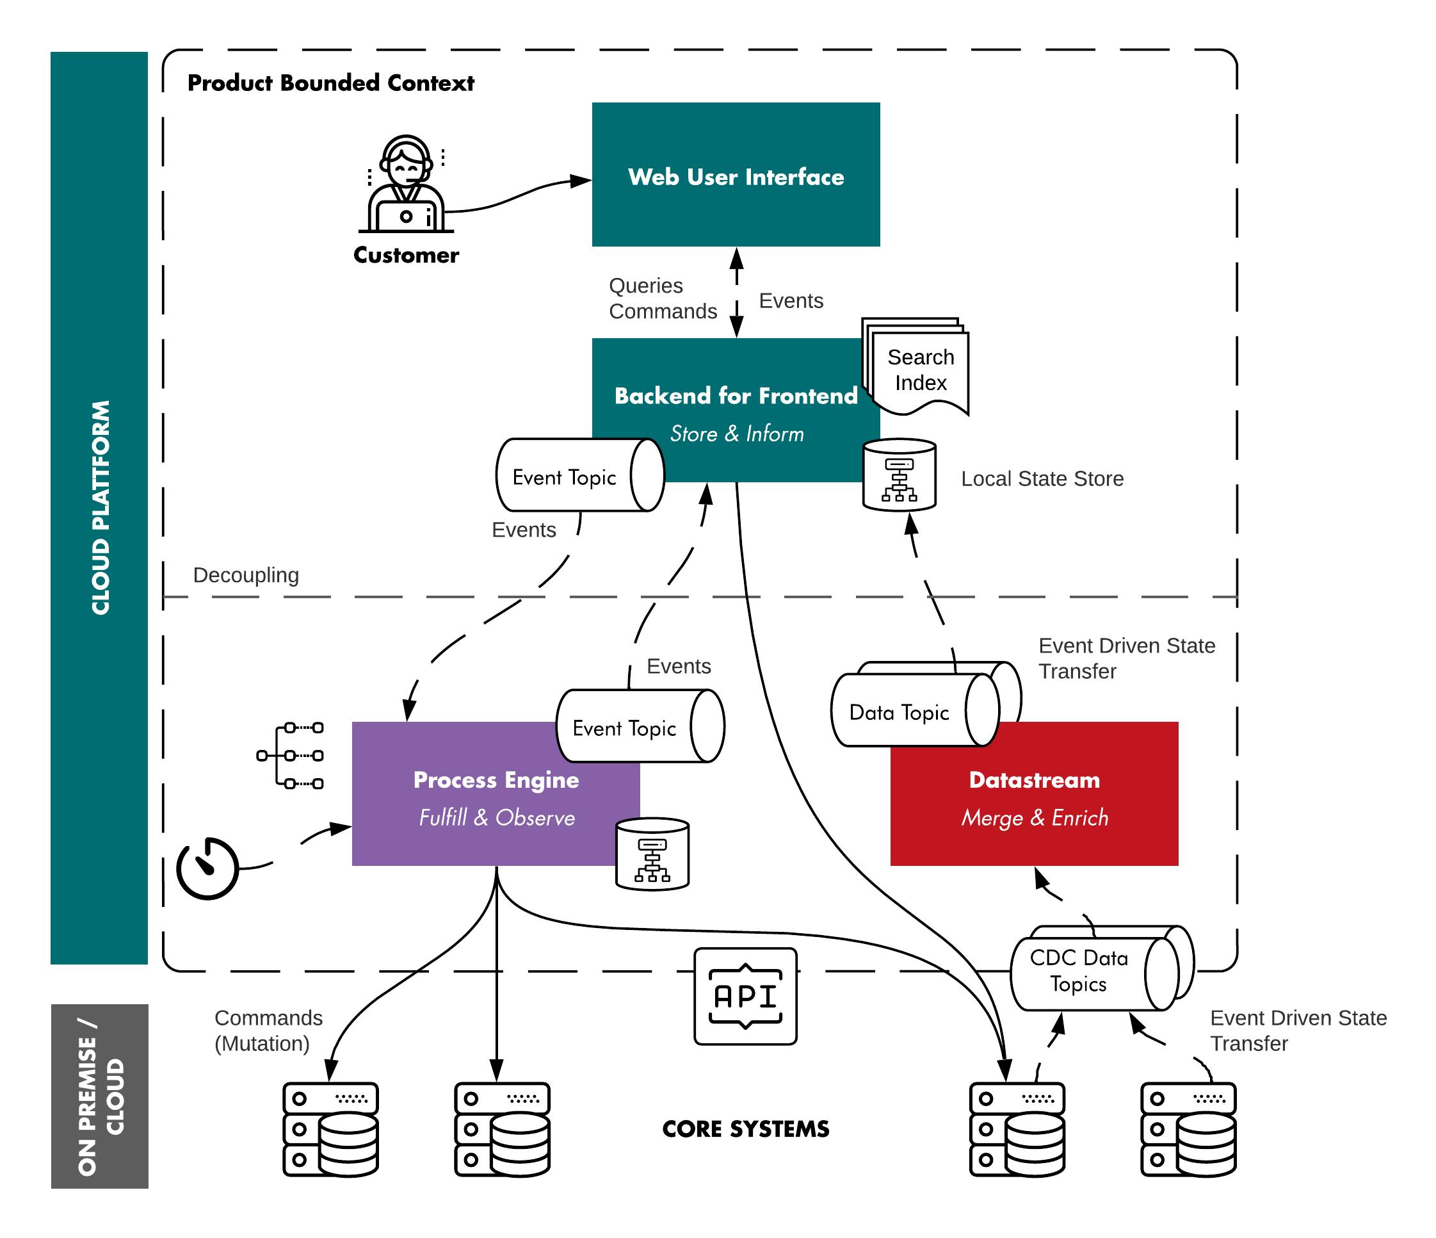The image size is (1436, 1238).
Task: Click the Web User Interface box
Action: click(x=736, y=175)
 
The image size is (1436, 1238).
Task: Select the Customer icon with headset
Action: click(x=405, y=184)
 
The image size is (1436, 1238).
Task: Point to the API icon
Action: click(x=745, y=996)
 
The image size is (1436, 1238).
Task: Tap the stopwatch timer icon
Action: click(x=207, y=868)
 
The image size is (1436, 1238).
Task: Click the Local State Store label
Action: click(x=1042, y=478)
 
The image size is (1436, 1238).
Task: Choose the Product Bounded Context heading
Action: click(x=330, y=83)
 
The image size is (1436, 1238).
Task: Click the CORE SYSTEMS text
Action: click(x=745, y=1129)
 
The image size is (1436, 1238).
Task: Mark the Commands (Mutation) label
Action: click(x=268, y=1030)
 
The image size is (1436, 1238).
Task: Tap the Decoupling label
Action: click(x=245, y=574)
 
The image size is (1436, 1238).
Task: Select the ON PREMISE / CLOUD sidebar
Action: click(x=99, y=1096)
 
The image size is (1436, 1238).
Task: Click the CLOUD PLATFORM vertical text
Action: click(x=100, y=507)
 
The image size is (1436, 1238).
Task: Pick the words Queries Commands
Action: click(x=662, y=298)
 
